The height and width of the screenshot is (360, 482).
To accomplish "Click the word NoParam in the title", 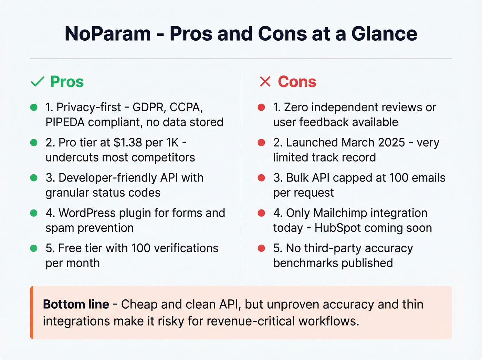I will pos(108,34).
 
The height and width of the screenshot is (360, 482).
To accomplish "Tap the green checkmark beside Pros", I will pos(38,82).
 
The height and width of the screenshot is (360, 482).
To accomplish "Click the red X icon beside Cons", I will pos(265,82).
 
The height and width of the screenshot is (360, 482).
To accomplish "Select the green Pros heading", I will pos(67,82).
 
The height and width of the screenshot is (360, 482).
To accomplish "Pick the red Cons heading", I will pos(297,82).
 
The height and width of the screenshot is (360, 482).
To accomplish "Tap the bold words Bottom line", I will pos(76,305).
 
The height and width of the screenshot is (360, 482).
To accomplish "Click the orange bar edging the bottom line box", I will pos(32,312).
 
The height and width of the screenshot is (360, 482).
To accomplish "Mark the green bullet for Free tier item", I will pos(34,248).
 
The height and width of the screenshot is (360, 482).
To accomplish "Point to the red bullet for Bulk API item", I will pos(261,178).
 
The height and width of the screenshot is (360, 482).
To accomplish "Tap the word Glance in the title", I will pos(384,34).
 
